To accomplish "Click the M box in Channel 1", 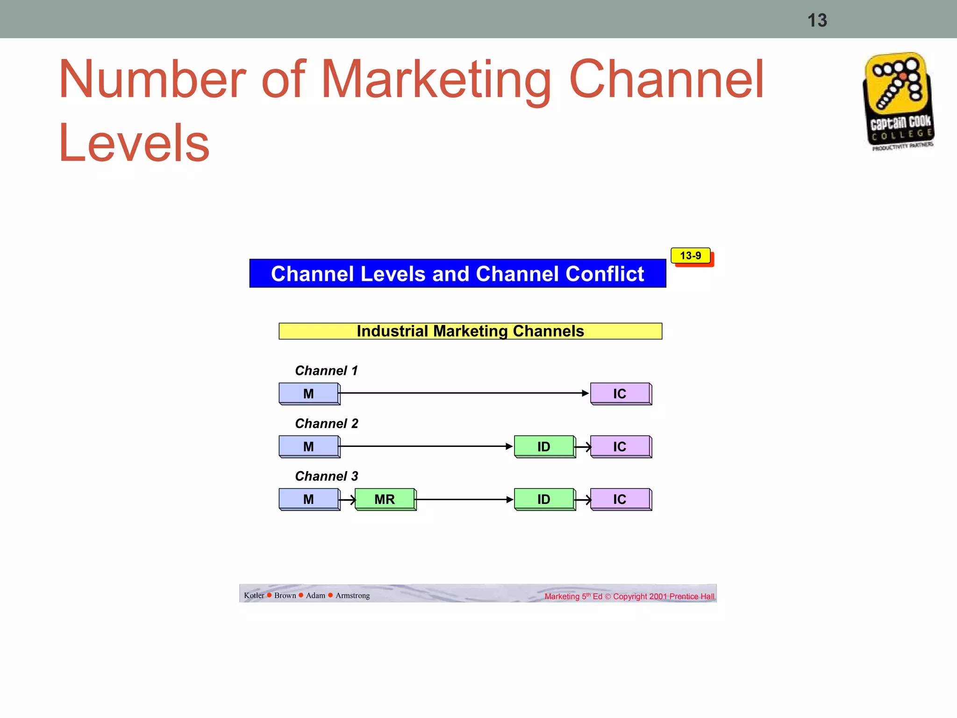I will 309,394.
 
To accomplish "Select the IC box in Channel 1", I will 620,394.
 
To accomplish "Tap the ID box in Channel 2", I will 544,446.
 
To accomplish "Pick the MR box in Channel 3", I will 385,499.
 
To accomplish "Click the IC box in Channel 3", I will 620,499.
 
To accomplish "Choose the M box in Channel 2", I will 309,446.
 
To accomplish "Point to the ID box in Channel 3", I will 544,499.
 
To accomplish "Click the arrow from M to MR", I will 348,500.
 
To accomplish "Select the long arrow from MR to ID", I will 464,500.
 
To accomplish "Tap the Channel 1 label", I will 326,371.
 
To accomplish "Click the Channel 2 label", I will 326,424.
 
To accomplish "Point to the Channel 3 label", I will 326,476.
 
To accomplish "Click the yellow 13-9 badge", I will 691,256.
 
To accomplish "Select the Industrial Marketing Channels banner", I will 470,331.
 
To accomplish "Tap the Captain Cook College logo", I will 899,101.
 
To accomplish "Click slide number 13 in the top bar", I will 817,21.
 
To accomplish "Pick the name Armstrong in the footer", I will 352,596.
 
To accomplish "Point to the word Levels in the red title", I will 134,143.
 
